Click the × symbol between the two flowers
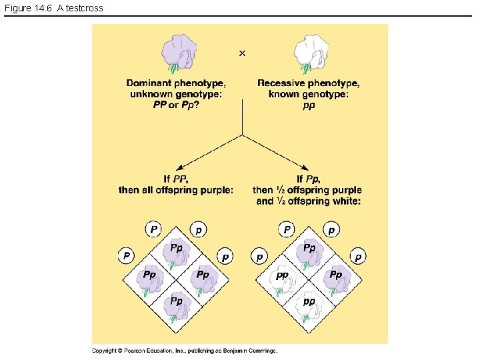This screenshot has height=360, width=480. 242,53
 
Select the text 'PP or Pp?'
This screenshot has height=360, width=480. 176,105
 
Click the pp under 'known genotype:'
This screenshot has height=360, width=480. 309,105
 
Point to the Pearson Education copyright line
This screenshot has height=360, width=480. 185,351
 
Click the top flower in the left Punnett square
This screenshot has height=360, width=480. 177,254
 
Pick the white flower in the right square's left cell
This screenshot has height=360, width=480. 283,281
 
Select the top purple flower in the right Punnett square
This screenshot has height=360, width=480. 309,254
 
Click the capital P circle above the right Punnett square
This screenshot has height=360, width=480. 287,230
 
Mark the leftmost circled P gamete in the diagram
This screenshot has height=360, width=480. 126,256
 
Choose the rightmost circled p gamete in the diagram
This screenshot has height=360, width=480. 359,256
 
